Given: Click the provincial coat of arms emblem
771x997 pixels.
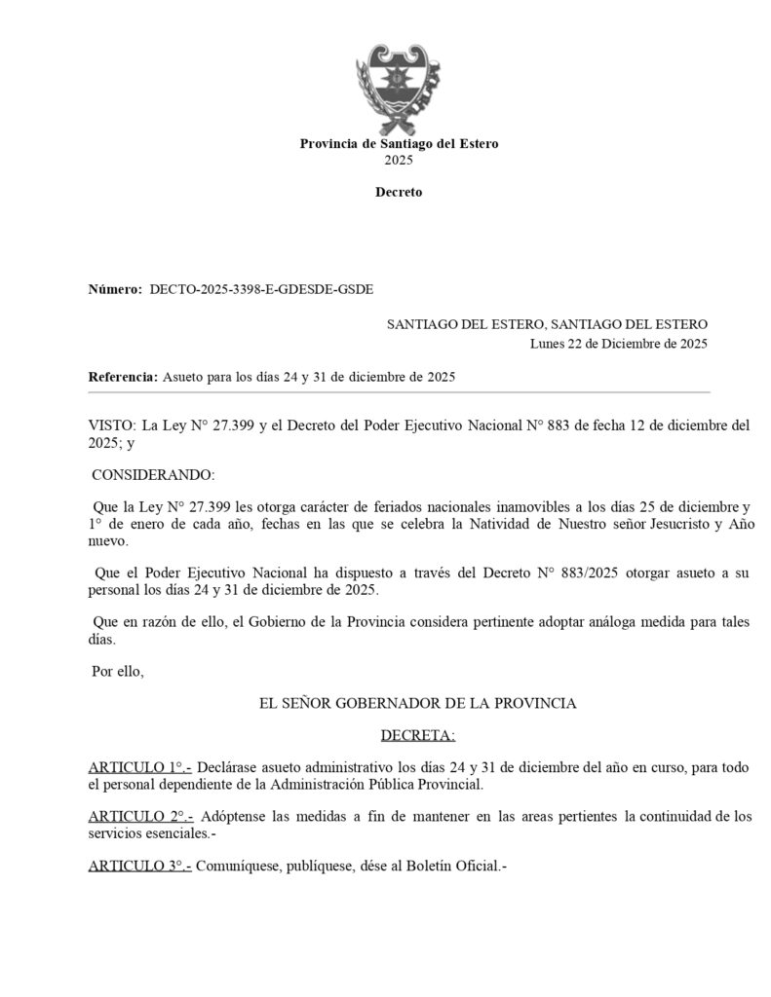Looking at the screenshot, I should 399,88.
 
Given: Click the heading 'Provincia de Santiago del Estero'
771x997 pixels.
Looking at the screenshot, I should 399,143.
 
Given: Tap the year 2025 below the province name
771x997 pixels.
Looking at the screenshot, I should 399,159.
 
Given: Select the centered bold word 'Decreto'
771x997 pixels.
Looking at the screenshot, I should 399,192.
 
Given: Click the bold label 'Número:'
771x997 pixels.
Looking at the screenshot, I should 115,289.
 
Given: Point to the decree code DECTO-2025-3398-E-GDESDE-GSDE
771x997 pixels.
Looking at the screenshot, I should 261,289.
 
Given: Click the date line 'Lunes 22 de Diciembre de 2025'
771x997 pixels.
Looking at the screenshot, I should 619,343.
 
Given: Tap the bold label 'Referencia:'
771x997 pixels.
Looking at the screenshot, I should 123,376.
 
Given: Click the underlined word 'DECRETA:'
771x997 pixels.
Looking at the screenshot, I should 418,734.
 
